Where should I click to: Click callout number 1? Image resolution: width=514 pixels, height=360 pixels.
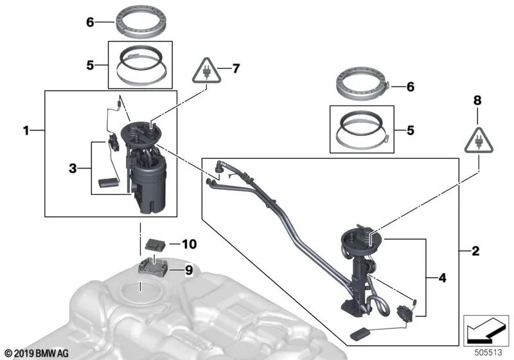(26, 130)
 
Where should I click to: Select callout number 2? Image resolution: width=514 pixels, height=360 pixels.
(475, 251)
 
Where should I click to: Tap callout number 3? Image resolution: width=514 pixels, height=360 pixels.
(73, 168)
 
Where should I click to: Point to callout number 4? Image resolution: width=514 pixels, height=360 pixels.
(442, 278)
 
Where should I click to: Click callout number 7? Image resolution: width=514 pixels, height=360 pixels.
(236, 68)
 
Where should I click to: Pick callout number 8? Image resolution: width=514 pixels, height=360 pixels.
(477, 101)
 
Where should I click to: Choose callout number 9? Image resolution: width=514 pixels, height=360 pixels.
(188, 271)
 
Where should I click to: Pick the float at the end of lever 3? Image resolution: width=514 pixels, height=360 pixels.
(108, 185)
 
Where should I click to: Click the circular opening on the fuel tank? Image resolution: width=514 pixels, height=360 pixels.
(139, 291)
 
